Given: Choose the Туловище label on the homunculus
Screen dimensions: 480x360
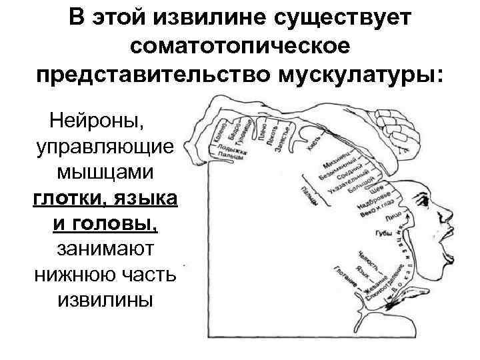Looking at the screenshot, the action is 249,128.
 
